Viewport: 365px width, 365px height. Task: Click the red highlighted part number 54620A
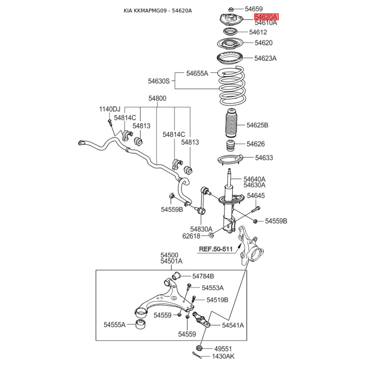pyautogui.click(x=266, y=17)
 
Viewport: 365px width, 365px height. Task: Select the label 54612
pyautogui.click(x=258, y=32)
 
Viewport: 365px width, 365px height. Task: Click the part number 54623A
pyautogui.click(x=266, y=58)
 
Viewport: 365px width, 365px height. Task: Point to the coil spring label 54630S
pyautogui.click(x=158, y=81)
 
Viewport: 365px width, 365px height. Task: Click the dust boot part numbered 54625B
pyautogui.click(x=231, y=126)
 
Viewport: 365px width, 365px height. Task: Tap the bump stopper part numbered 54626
pyautogui.click(x=231, y=146)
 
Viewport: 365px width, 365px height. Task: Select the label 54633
pyautogui.click(x=264, y=158)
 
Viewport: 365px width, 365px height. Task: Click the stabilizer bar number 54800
pyautogui.click(x=157, y=99)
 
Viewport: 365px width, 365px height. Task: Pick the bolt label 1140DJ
pyautogui.click(x=109, y=109)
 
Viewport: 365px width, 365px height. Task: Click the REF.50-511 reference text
pyautogui.click(x=216, y=249)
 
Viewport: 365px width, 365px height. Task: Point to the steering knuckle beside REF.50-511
pyautogui.click(x=249, y=247)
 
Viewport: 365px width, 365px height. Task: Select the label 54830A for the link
pyautogui.click(x=201, y=229)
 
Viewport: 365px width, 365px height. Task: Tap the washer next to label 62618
pyautogui.click(x=211, y=235)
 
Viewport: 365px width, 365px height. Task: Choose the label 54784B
pyautogui.click(x=203, y=276)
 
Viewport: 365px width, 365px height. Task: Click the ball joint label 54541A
pyautogui.click(x=233, y=325)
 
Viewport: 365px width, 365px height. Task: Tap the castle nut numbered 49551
pyautogui.click(x=199, y=347)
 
